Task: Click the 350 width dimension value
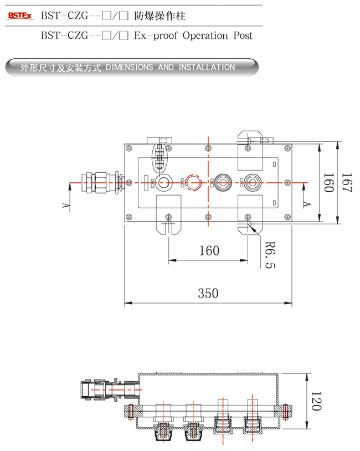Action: point(208,293)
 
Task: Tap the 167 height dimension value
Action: point(347,183)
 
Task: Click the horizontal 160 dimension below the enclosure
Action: point(208,250)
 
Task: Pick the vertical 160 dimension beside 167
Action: point(328,183)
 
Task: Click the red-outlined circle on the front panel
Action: point(193,182)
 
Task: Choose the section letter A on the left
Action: point(66,206)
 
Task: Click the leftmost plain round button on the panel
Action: point(164,182)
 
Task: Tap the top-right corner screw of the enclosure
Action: point(286,148)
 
